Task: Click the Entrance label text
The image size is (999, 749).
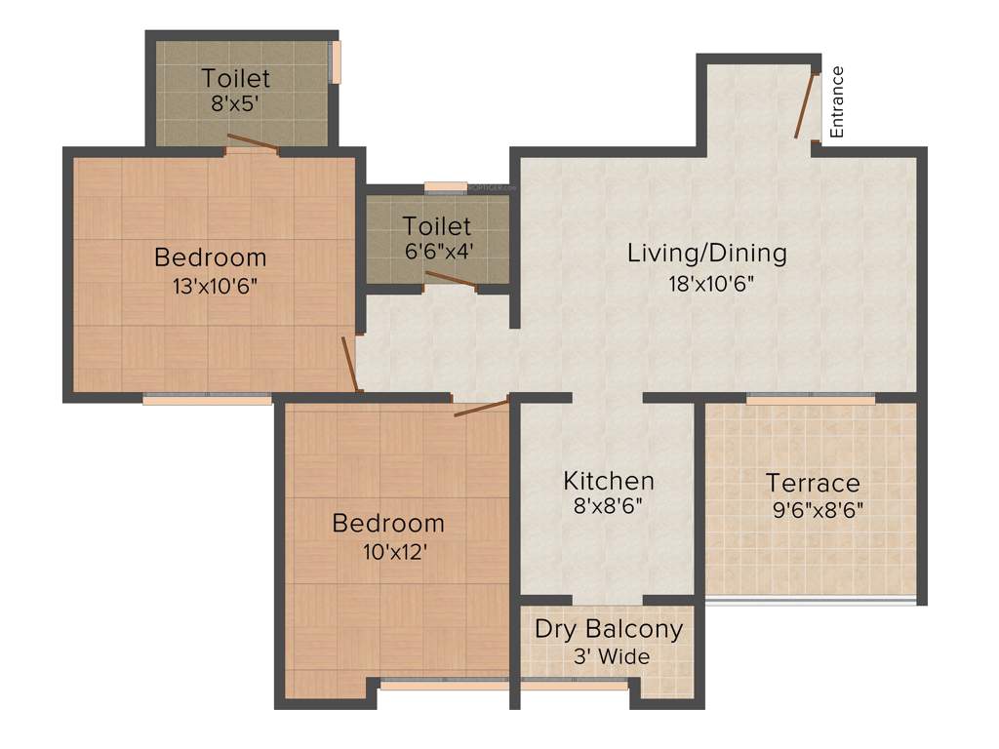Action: point(836,101)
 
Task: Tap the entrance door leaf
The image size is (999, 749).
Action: point(805,104)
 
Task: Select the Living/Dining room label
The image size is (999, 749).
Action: point(706,254)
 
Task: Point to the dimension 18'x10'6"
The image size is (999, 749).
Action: point(706,284)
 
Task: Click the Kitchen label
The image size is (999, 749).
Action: point(609,481)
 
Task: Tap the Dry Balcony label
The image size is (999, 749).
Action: point(609,629)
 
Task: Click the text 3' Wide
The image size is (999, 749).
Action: point(612,657)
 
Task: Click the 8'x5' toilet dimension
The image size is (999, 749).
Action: point(234,103)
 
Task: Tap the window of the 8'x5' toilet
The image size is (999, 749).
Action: point(337,61)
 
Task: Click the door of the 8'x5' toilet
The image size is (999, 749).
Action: point(253,145)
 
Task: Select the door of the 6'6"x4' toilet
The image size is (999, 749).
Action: point(450,281)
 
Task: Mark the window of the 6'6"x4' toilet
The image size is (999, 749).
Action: point(446,185)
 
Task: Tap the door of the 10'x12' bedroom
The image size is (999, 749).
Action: point(482,407)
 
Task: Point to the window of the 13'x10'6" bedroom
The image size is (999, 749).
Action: point(208,398)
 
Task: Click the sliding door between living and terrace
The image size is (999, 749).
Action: point(811,398)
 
